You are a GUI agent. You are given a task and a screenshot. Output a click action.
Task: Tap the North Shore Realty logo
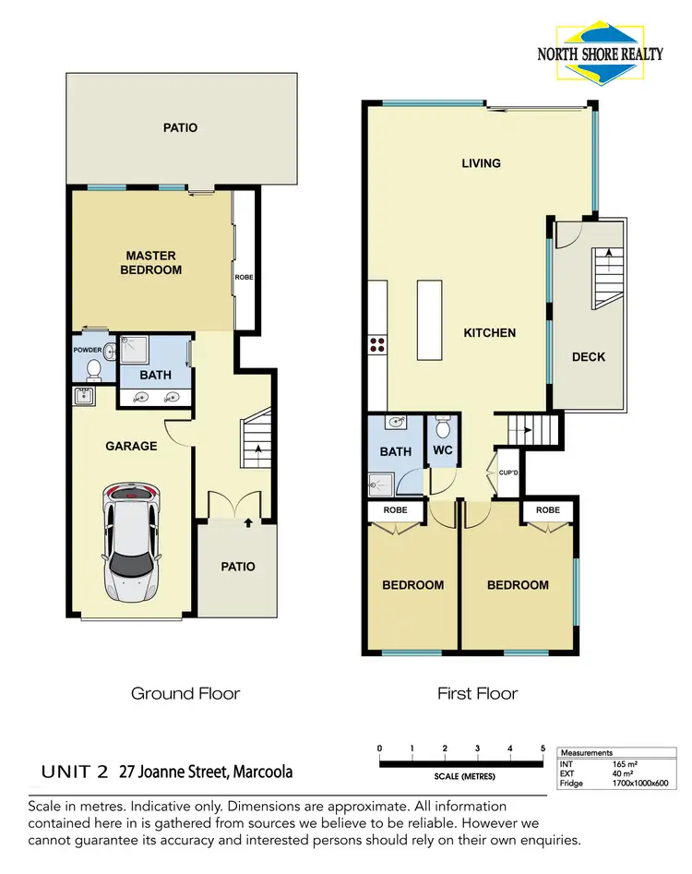[600, 44]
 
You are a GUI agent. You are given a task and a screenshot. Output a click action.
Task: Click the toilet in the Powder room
[93, 368]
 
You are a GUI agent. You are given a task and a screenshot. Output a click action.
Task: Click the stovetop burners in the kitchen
[377, 344]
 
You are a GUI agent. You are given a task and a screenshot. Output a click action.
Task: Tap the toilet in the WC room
[442, 430]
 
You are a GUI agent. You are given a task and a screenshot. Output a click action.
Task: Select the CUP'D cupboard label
[507, 473]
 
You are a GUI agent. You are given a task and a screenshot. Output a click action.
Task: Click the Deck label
[588, 356]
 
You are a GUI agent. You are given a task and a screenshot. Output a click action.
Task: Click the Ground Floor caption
[185, 693]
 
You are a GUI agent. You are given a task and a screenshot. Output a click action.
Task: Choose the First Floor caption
[477, 693]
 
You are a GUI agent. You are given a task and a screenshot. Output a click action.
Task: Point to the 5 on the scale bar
[543, 748]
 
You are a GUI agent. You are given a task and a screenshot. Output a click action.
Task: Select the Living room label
[481, 163]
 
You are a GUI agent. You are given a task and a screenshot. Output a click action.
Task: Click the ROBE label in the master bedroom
[245, 277]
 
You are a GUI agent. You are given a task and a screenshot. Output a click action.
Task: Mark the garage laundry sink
[84, 397]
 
